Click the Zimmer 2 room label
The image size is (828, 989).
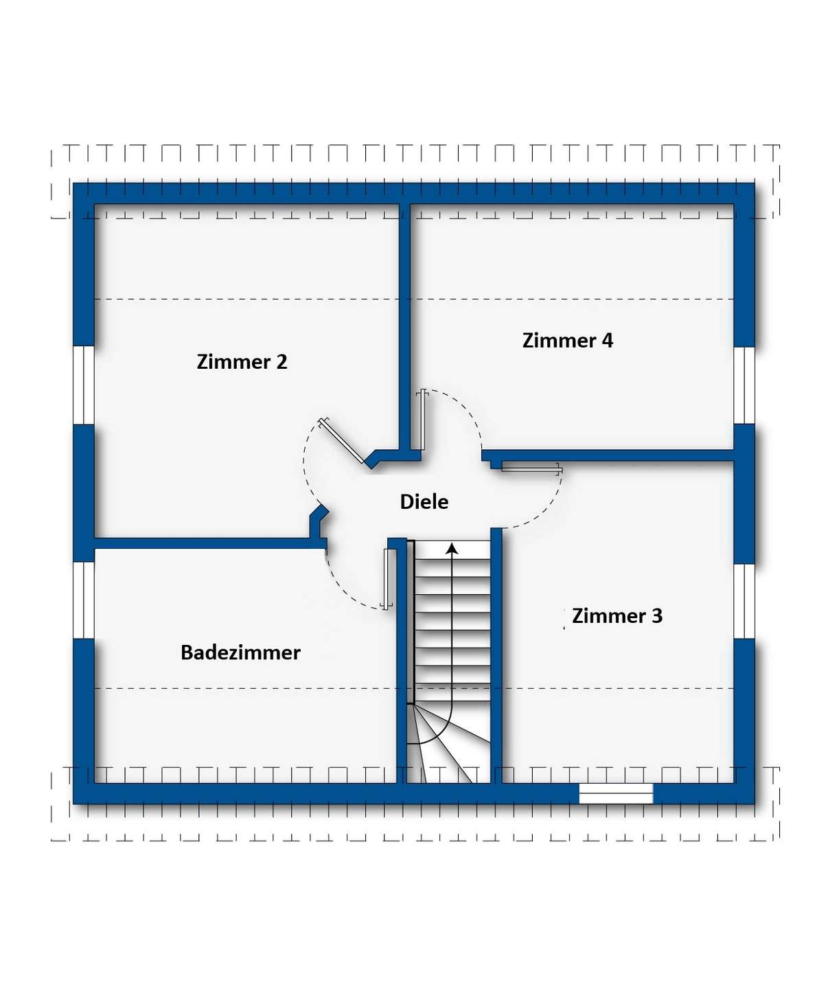pyautogui.click(x=242, y=362)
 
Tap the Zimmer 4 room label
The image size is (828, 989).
pyautogui.click(x=567, y=341)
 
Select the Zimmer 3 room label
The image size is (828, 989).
pyautogui.click(x=617, y=616)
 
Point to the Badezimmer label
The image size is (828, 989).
pyautogui.click(x=240, y=652)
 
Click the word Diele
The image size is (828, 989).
pyautogui.click(x=424, y=502)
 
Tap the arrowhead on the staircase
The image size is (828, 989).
pyautogui.click(x=452, y=548)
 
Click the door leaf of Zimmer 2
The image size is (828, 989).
pyautogui.click(x=342, y=442)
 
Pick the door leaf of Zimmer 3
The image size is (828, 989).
pyautogui.click(x=531, y=469)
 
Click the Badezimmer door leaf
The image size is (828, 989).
pyautogui.click(x=388, y=579)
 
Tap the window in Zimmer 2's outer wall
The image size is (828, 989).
pyautogui.click(x=84, y=385)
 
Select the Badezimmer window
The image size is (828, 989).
pyautogui.click(x=84, y=600)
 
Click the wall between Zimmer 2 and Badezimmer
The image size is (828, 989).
pyautogui.click(x=210, y=543)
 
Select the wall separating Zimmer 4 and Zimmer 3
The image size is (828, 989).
pyautogui.click(x=608, y=455)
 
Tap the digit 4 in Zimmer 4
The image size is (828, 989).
pyautogui.click(x=607, y=341)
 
